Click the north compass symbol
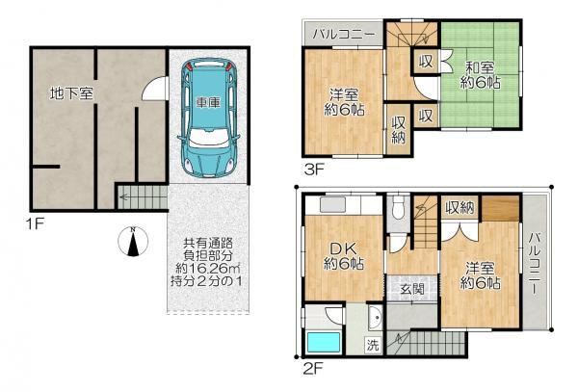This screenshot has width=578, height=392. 133,242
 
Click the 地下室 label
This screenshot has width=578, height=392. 71,93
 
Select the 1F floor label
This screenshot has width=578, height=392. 35,223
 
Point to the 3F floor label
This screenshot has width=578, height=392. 314,170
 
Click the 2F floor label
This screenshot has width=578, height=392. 313,369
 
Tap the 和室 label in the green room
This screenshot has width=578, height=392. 480,68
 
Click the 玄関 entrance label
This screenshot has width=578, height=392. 412,289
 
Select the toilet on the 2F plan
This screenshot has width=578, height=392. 398,208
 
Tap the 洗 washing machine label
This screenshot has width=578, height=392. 372,346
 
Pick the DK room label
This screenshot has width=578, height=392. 343,249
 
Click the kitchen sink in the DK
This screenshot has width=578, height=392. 332,205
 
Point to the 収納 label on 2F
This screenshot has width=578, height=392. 460,209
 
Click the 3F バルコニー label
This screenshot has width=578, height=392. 344,35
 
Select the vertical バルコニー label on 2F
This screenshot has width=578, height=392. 535,263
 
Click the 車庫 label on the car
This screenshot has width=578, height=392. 208,102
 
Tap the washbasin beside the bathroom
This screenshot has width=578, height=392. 376,318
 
